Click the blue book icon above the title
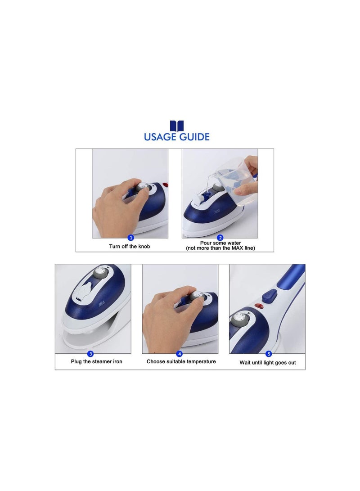click(177, 126)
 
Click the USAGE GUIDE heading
click(177, 137)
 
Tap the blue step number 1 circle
click(131, 238)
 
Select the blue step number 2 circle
click(220, 238)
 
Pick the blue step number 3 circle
click(90, 354)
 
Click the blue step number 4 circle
click(180, 354)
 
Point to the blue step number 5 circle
click(269, 354)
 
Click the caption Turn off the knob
click(130, 246)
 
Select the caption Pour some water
click(220, 243)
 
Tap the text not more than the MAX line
click(220, 248)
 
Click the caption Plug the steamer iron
click(96, 361)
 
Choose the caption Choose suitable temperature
click(181, 361)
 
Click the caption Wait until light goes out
click(268, 362)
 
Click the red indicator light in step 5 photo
click(259, 307)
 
